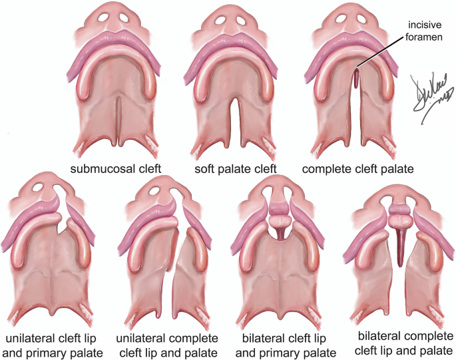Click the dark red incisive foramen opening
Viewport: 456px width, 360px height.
356,79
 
